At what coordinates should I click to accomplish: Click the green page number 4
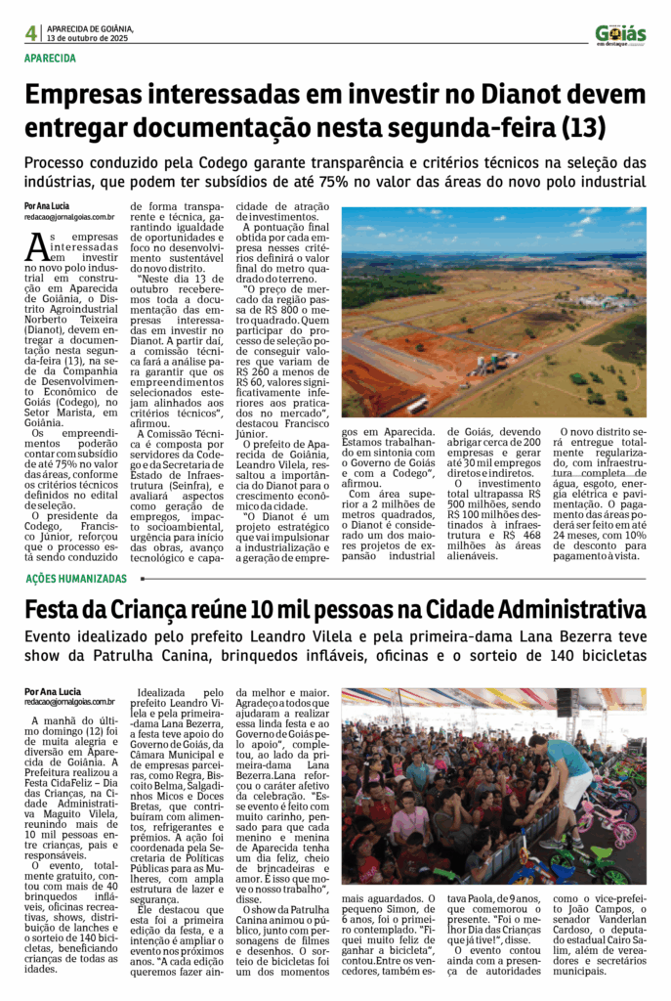pos(31,33)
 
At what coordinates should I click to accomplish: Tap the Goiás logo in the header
pos(620,34)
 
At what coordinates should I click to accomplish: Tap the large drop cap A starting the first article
pos(37,247)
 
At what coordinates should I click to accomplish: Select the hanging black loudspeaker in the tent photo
pos(566,703)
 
